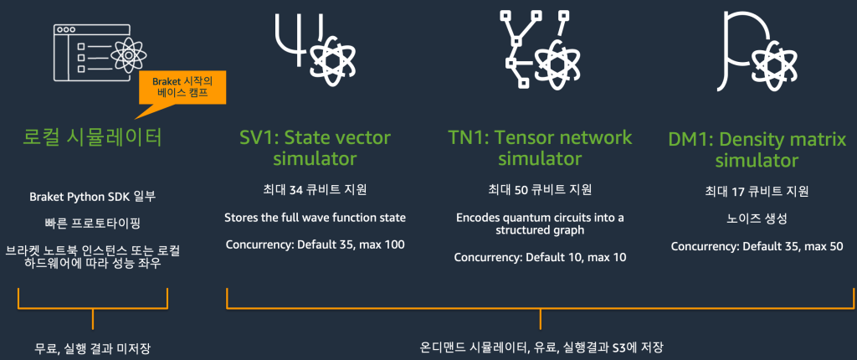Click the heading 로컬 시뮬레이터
pos(92,136)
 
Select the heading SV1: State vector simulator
pos(310,147)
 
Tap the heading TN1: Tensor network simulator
pos(540,147)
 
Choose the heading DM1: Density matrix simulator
pos(757,149)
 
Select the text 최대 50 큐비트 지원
pos(540,189)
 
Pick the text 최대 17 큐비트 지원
pos(757,190)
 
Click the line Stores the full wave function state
pos(315,218)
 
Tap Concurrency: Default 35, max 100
pos(315,245)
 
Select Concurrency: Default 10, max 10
pos(540,257)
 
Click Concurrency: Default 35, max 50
pos(757,246)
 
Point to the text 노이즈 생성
pos(757,218)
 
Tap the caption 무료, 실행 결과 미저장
pos(92,347)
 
